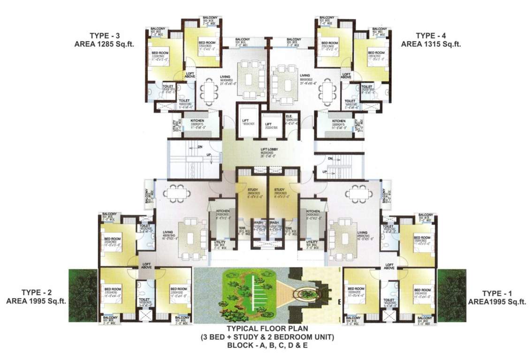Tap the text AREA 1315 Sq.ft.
coord(431,44)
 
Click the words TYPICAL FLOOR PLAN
coord(266,329)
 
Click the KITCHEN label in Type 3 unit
coord(198,121)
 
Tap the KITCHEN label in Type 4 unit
coord(338,121)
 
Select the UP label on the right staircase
coord(324,172)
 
